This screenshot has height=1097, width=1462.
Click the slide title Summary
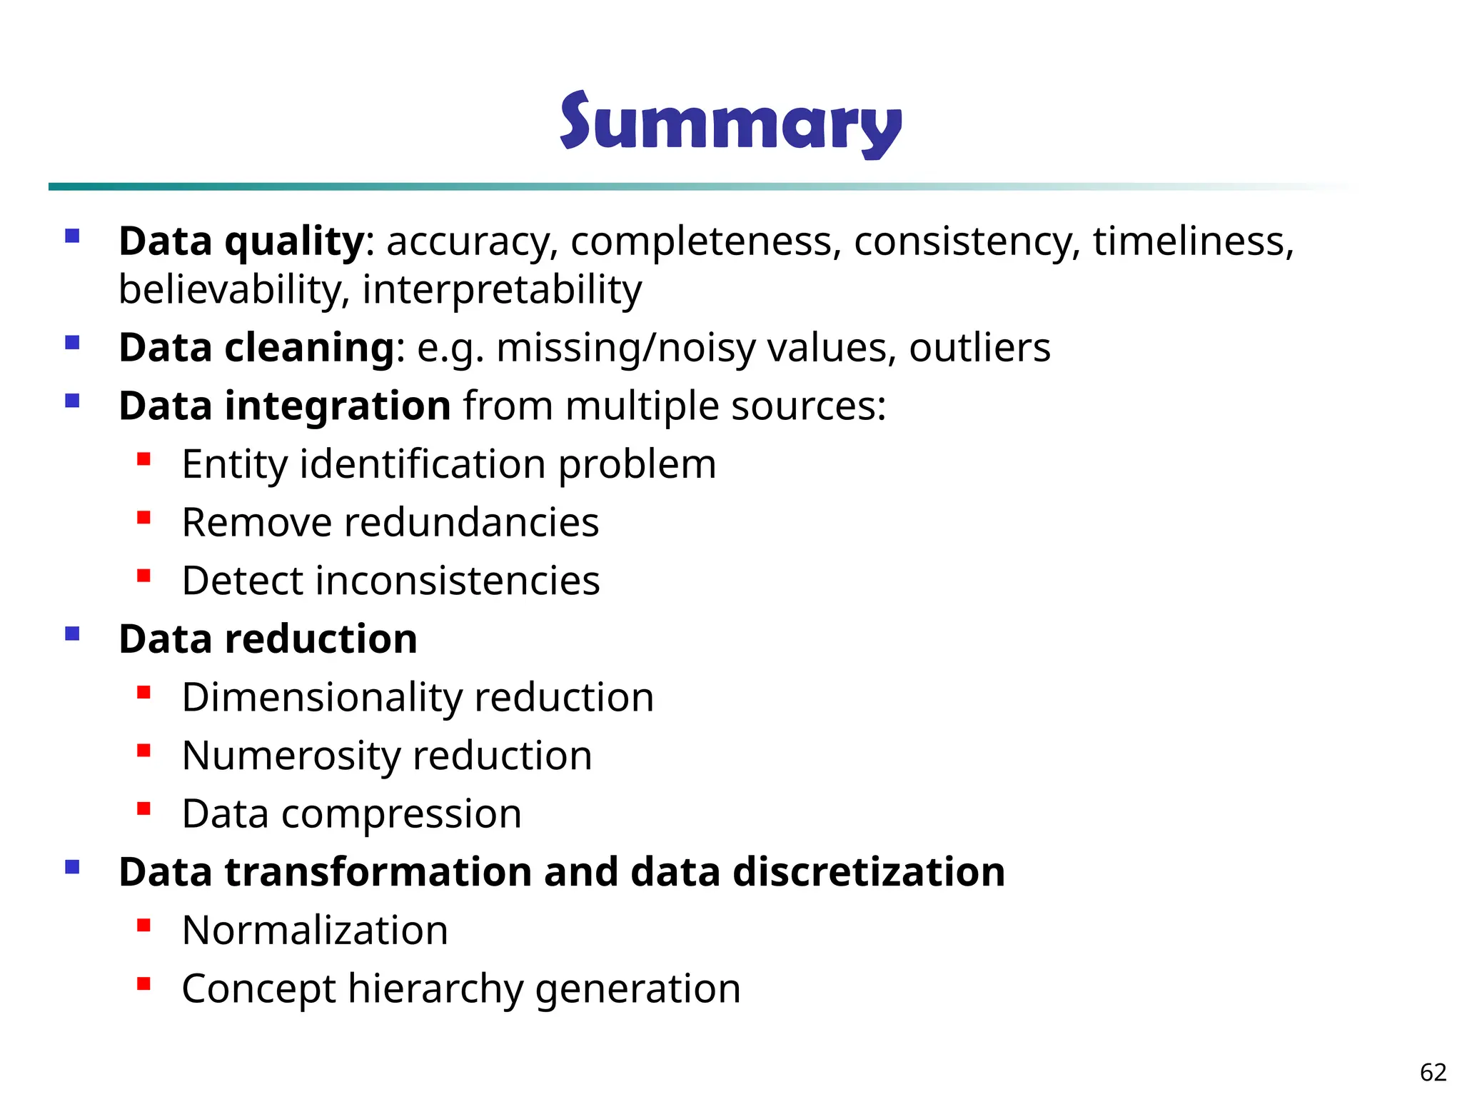pos(730,124)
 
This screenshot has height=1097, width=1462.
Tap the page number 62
pos(1433,1072)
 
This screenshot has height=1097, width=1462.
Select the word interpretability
pos(502,290)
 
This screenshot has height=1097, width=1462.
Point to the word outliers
pos(979,348)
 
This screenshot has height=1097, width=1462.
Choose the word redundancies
pos(471,523)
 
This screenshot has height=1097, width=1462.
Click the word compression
pos(401,814)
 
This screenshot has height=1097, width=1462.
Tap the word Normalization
pos(315,931)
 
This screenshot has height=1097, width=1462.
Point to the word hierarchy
pos(435,989)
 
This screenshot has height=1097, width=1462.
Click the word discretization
pos(869,872)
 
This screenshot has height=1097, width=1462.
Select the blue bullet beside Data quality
pos(72,236)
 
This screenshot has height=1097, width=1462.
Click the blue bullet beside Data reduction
pos(72,633)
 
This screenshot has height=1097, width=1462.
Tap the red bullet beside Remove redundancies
pos(144,517)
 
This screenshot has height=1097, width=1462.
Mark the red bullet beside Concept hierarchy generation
pos(144,983)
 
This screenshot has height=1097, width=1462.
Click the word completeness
pos(702,241)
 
